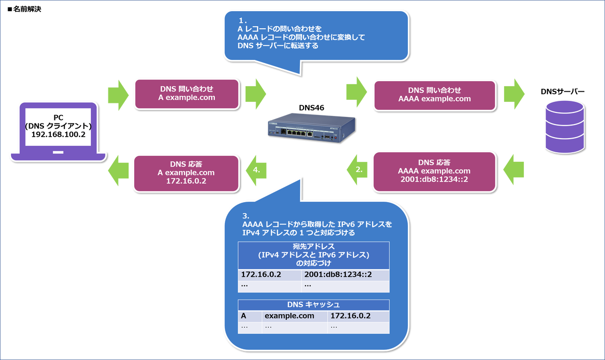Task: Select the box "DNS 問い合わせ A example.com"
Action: (186, 94)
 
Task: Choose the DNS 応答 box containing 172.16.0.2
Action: (186, 173)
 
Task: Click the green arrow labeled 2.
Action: (355, 170)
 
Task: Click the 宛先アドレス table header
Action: (313, 256)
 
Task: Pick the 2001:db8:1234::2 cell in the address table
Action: (345, 275)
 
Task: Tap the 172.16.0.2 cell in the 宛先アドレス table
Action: (270, 275)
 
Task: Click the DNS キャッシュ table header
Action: (313, 305)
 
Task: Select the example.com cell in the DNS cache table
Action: (295, 316)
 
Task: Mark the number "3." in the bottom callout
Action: (246, 214)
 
